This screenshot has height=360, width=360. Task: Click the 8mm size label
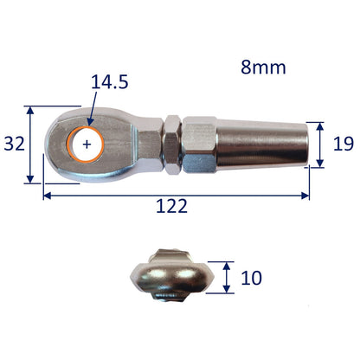pos(263,67)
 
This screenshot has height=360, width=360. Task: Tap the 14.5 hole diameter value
pos(110,82)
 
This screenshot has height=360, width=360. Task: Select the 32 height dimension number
pos(15,144)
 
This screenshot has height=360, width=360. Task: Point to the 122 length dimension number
pos(171,206)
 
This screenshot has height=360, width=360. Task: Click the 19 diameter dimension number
pos(344,144)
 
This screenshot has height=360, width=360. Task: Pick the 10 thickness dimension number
pos(252,278)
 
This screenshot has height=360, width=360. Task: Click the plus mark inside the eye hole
pos(87,145)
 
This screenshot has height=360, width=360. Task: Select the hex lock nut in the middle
pos(172,145)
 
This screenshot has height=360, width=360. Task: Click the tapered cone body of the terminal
pos(262,145)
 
